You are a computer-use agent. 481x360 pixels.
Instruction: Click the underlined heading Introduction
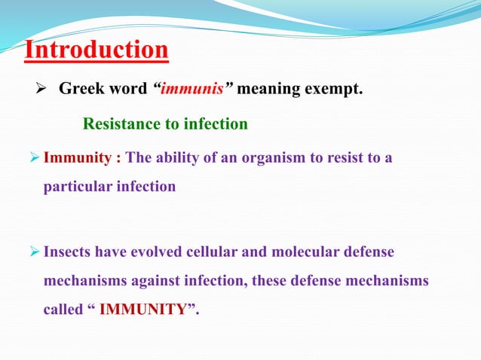[96, 50]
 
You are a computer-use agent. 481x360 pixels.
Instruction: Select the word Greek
[81, 90]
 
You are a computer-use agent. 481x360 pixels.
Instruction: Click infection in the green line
[218, 124]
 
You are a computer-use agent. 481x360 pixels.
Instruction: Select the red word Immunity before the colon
[78, 158]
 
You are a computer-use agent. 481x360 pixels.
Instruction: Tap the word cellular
[228, 252]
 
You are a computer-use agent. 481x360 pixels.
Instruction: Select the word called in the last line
[63, 309]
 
